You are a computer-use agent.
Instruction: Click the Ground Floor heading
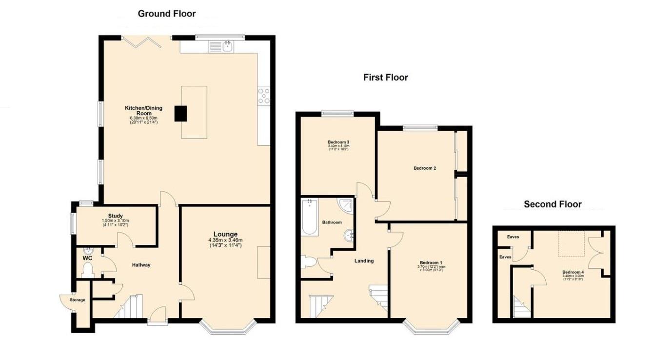(166, 14)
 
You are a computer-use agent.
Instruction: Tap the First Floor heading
(385, 78)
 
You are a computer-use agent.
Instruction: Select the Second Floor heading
(553, 204)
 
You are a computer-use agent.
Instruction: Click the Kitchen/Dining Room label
(143, 110)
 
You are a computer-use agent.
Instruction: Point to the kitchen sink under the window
(227, 47)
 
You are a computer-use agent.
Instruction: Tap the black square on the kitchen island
(181, 113)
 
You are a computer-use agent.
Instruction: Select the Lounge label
(225, 234)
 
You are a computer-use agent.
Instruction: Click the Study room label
(115, 216)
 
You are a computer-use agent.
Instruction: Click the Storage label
(77, 300)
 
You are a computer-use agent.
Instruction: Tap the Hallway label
(141, 265)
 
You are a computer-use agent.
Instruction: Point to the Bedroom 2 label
(424, 168)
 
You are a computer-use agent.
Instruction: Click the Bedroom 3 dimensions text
(338, 146)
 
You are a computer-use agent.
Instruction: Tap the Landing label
(364, 260)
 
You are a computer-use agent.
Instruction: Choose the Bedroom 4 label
(573, 272)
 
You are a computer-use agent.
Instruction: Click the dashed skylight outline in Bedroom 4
(572, 244)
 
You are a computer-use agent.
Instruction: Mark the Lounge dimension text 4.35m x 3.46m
(225, 240)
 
